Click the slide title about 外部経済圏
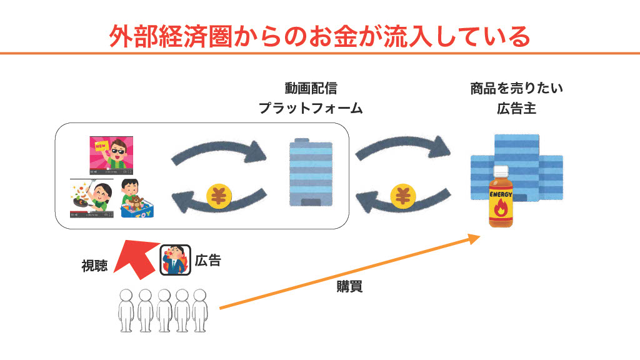click(319, 36)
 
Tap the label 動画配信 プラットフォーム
click(311, 98)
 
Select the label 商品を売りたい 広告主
click(516, 98)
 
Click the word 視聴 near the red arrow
click(95, 266)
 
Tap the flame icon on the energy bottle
click(501, 210)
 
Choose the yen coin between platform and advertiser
click(403, 196)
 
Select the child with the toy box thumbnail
click(137, 198)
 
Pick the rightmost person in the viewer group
click(199, 311)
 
